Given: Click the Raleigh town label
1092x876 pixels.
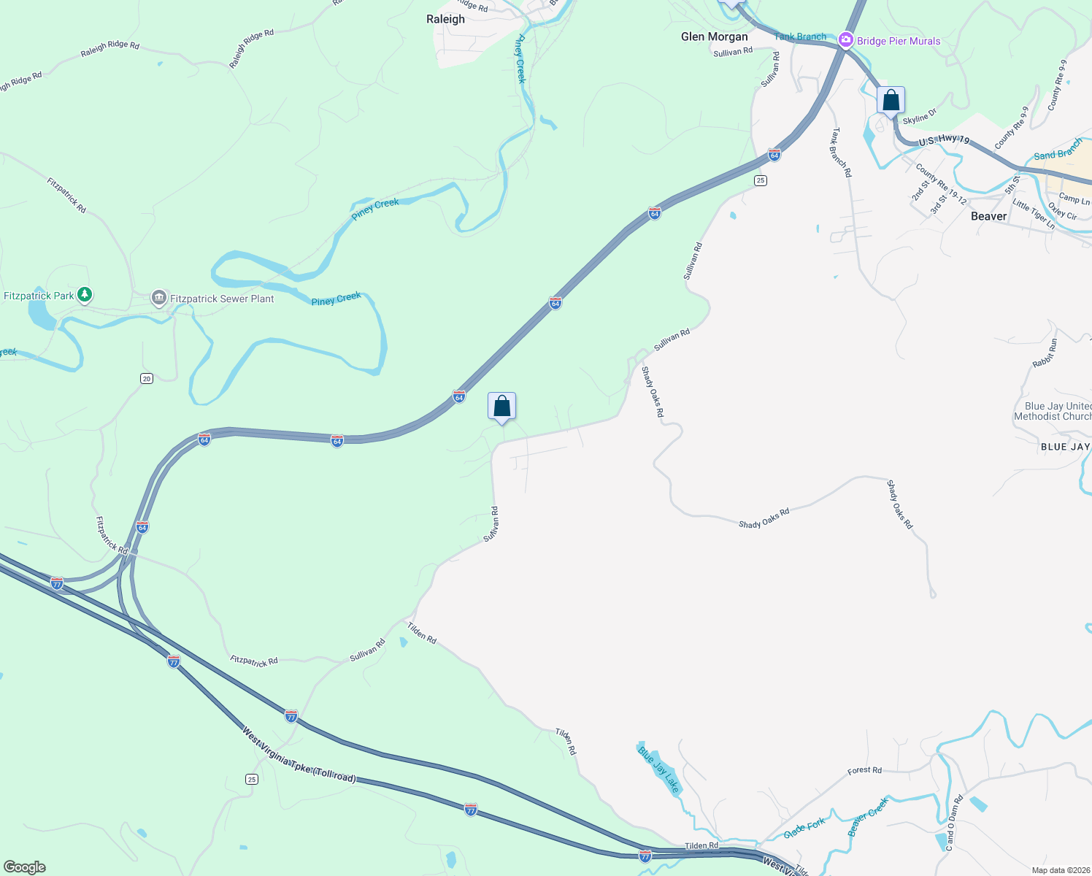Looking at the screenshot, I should [x=445, y=19].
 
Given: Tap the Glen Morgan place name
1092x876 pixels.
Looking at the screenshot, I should [x=714, y=36].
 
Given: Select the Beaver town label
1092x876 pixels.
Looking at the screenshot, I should [x=988, y=216].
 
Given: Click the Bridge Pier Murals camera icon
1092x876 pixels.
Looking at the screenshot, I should [x=846, y=40].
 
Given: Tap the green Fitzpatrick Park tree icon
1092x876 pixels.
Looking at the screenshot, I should [x=85, y=295].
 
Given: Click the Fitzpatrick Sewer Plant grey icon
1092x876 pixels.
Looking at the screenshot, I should [x=158, y=298].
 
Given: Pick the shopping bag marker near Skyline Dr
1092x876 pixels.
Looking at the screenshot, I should [x=891, y=100].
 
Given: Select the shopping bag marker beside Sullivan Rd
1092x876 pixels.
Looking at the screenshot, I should [x=501, y=406].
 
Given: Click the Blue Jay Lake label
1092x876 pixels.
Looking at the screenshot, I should [x=659, y=769].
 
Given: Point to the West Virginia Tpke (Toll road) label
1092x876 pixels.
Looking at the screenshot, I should [x=299, y=755].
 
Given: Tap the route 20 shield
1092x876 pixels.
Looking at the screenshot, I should [x=147, y=378].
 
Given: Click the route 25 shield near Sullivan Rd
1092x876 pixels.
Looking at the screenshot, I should [x=761, y=180].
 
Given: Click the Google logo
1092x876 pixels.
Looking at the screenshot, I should [x=25, y=867].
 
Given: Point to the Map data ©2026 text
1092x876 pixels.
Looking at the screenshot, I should [x=1061, y=870].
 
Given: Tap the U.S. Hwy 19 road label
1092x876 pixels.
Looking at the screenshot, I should [x=944, y=139].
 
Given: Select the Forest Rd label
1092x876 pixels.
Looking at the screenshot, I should [x=864, y=770].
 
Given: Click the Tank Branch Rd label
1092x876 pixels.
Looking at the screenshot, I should [x=841, y=153].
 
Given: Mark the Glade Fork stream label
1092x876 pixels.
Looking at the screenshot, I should [x=804, y=828].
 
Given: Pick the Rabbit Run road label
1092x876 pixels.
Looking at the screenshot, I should [x=1045, y=353].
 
